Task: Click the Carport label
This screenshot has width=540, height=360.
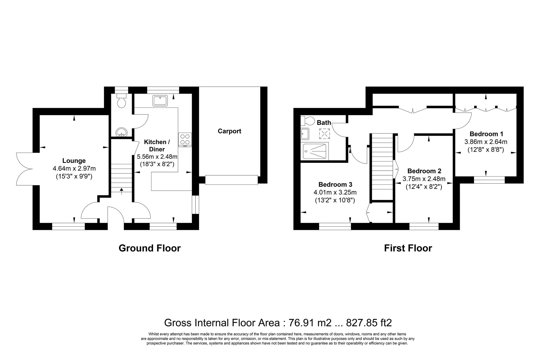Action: pyautogui.click(x=229, y=131)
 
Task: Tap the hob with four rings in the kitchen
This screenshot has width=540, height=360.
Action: pyautogui.click(x=185, y=140)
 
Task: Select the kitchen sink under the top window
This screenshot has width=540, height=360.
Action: pyautogui.click(x=160, y=100)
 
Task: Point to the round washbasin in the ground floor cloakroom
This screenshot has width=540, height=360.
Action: pyautogui.click(x=121, y=133)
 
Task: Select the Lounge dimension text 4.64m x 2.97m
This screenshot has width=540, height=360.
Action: pyautogui.click(x=74, y=169)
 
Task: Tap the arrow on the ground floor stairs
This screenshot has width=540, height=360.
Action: pyautogui.click(x=121, y=191)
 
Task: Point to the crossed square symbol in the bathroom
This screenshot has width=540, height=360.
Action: pyautogui.click(x=324, y=134)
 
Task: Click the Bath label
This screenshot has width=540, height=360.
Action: pyautogui.click(x=324, y=123)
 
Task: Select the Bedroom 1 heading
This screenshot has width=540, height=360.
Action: pyautogui.click(x=486, y=134)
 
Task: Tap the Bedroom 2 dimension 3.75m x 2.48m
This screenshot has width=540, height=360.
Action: pyautogui.click(x=424, y=179)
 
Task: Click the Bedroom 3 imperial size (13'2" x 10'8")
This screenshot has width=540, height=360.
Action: pyautogui.click(x=335, y=200)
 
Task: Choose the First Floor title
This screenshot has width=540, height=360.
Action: pyautogui.click(x=408, y=248)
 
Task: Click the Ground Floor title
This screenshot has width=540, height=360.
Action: pyautogui.click(x=150, y=248)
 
